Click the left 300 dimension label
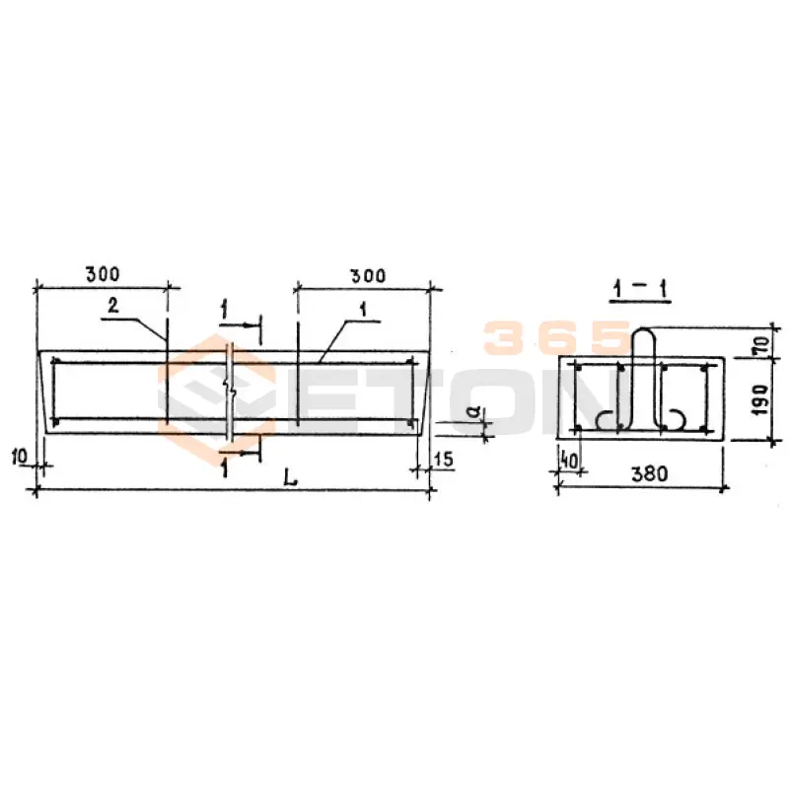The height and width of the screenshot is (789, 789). [x=103, y=274]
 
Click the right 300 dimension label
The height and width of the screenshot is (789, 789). [x=368, y=276]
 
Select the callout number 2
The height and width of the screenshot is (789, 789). [x=113, y=305]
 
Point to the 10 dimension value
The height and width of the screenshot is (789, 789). [x=19, y=457]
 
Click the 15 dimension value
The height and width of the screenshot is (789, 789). [x=443, y=459]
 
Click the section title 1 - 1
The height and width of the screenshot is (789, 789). [x=640, y=290]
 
